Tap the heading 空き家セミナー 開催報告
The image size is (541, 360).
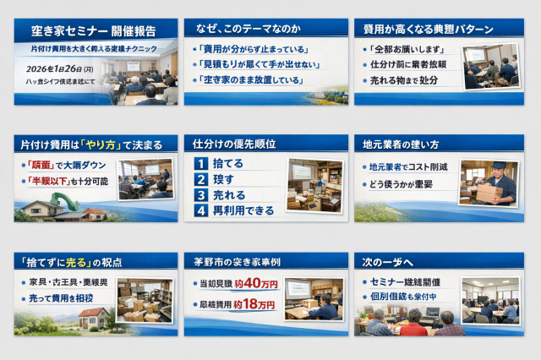point(93,31)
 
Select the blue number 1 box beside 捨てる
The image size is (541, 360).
point(200,164)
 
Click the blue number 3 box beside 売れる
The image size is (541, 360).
point(200,194)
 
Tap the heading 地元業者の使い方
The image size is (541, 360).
point(401,144)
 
